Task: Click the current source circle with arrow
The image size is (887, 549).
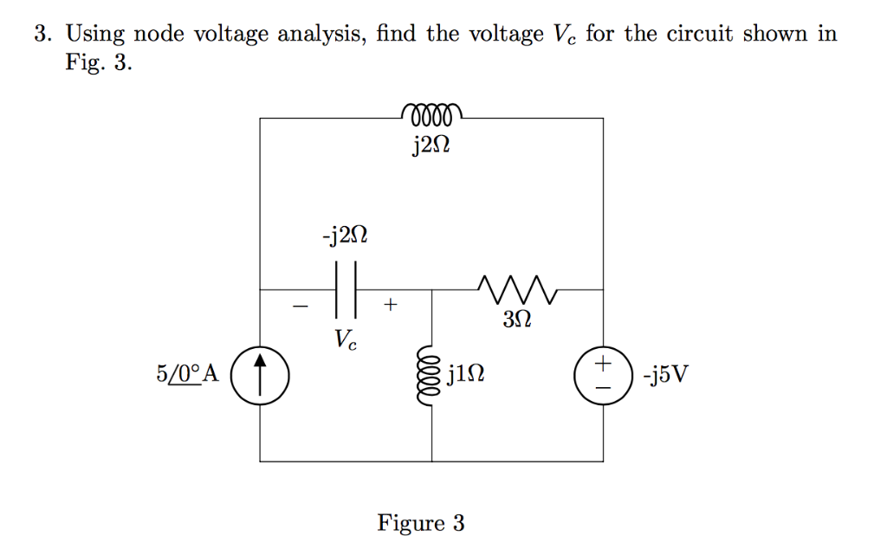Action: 260,375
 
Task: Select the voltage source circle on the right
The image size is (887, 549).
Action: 604,375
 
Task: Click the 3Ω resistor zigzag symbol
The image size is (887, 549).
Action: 518,285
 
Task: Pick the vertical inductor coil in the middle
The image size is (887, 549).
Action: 431,375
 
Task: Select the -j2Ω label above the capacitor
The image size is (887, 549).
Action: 346,236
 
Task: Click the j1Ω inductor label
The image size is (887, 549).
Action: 467,375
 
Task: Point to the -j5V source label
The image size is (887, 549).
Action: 666,375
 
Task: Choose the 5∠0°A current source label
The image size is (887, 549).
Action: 188,375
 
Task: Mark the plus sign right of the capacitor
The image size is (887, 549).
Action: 392,304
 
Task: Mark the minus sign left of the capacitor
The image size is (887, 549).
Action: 300,305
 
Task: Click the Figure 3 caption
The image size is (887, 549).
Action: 421,523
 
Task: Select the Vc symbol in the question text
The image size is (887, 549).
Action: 563,36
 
